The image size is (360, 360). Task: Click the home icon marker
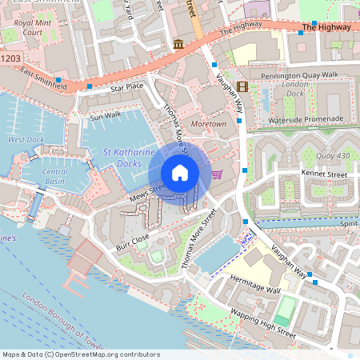tap(179, 172)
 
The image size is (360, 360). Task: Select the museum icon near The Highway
tap(177, 45)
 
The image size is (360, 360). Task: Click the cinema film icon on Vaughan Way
tap(242, 86)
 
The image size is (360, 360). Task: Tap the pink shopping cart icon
tap(217, 174)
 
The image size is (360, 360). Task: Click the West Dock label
tap(26, 140)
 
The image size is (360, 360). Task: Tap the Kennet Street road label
tap(324, 174)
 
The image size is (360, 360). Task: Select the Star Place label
tap(126, 86)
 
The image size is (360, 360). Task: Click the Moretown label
tap(209, 124)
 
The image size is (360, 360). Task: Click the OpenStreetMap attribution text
tap(80, 354)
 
